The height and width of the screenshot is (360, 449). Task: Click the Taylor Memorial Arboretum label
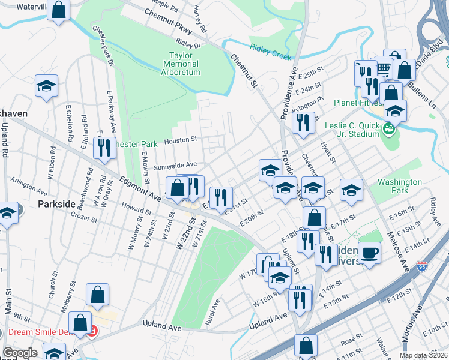pyautogui.click(x=181, y=64)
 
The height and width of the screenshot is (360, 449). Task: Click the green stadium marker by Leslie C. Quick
pyautogui.click(x=389, y=128)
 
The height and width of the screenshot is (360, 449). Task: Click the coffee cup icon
pyautogui.click(x=370, y=252)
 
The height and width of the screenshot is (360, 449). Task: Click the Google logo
pyautogui.click(x=20, y=353)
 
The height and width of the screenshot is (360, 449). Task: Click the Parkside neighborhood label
pyautogui.click(x=56, y=204)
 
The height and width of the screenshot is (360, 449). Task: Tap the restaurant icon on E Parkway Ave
pyautogui.click(x=105, y=148)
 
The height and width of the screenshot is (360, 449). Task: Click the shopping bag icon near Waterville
pyautogui.click(x=59, y=10)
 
